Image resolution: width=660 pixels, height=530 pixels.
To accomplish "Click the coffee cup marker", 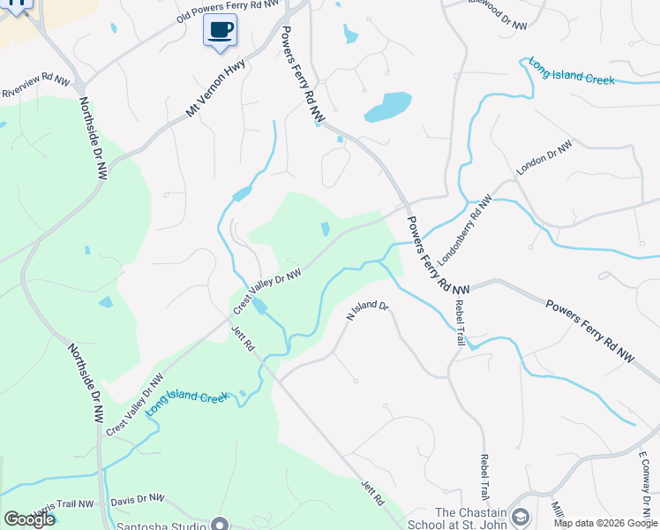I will tap(220, 31).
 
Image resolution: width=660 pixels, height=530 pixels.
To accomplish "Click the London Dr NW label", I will tap(544, 157).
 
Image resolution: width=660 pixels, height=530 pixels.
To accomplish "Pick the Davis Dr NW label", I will tap(138, 501).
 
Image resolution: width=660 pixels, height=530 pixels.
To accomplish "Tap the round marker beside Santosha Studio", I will tap(221, 524).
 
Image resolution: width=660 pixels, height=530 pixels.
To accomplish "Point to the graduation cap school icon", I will tap(521, 517).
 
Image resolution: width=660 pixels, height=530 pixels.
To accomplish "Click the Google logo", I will tap(29, 519).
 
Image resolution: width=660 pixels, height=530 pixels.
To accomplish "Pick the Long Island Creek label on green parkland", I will tap(187, 403).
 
